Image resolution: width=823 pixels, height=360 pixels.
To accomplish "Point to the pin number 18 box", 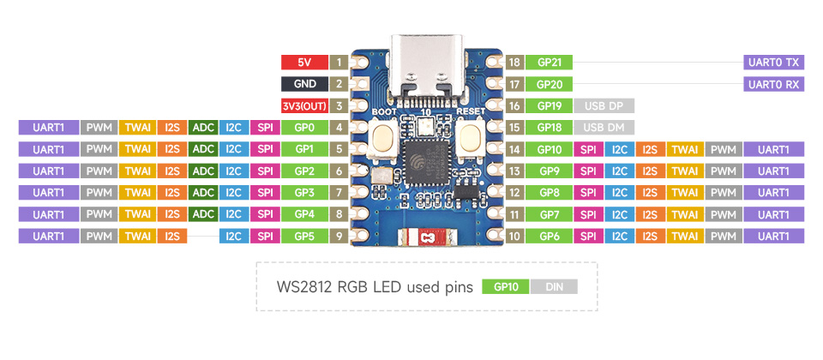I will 514,63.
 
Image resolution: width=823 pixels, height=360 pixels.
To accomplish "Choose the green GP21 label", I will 550,63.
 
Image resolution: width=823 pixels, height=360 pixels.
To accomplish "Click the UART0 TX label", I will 774,63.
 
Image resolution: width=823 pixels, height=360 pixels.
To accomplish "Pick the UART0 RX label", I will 774,84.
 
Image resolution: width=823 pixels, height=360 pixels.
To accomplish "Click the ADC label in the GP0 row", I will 203,128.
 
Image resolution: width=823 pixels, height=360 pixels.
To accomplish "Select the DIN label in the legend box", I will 554,288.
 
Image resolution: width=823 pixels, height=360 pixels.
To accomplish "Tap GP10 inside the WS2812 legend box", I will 506,288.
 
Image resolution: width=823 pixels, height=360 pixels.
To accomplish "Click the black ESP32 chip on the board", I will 425,167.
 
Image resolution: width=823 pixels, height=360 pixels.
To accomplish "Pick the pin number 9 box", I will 339,236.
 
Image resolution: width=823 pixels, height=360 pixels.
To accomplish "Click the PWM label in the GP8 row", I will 724,192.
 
